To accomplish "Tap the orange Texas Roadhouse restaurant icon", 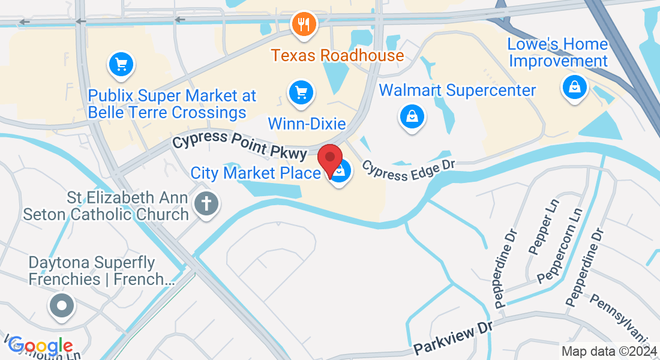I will [304, 24].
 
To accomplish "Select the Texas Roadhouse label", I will [337, 56].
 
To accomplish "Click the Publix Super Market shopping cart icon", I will [121, 64].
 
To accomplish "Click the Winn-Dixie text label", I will [307, 124].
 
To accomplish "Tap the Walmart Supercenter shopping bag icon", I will [412, 116].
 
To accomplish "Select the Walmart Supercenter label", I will [458, 91].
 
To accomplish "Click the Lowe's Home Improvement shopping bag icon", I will [574, 88].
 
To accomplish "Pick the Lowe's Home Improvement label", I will [558, 53].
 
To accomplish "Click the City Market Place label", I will [256, 173].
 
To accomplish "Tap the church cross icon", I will [206, 204].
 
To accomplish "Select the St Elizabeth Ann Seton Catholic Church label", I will [106, 206].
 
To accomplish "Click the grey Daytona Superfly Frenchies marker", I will [61, 306].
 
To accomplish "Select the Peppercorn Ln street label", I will [560, 246].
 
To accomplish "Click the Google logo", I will [40, 346].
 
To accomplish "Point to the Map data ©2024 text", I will [608, 351].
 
